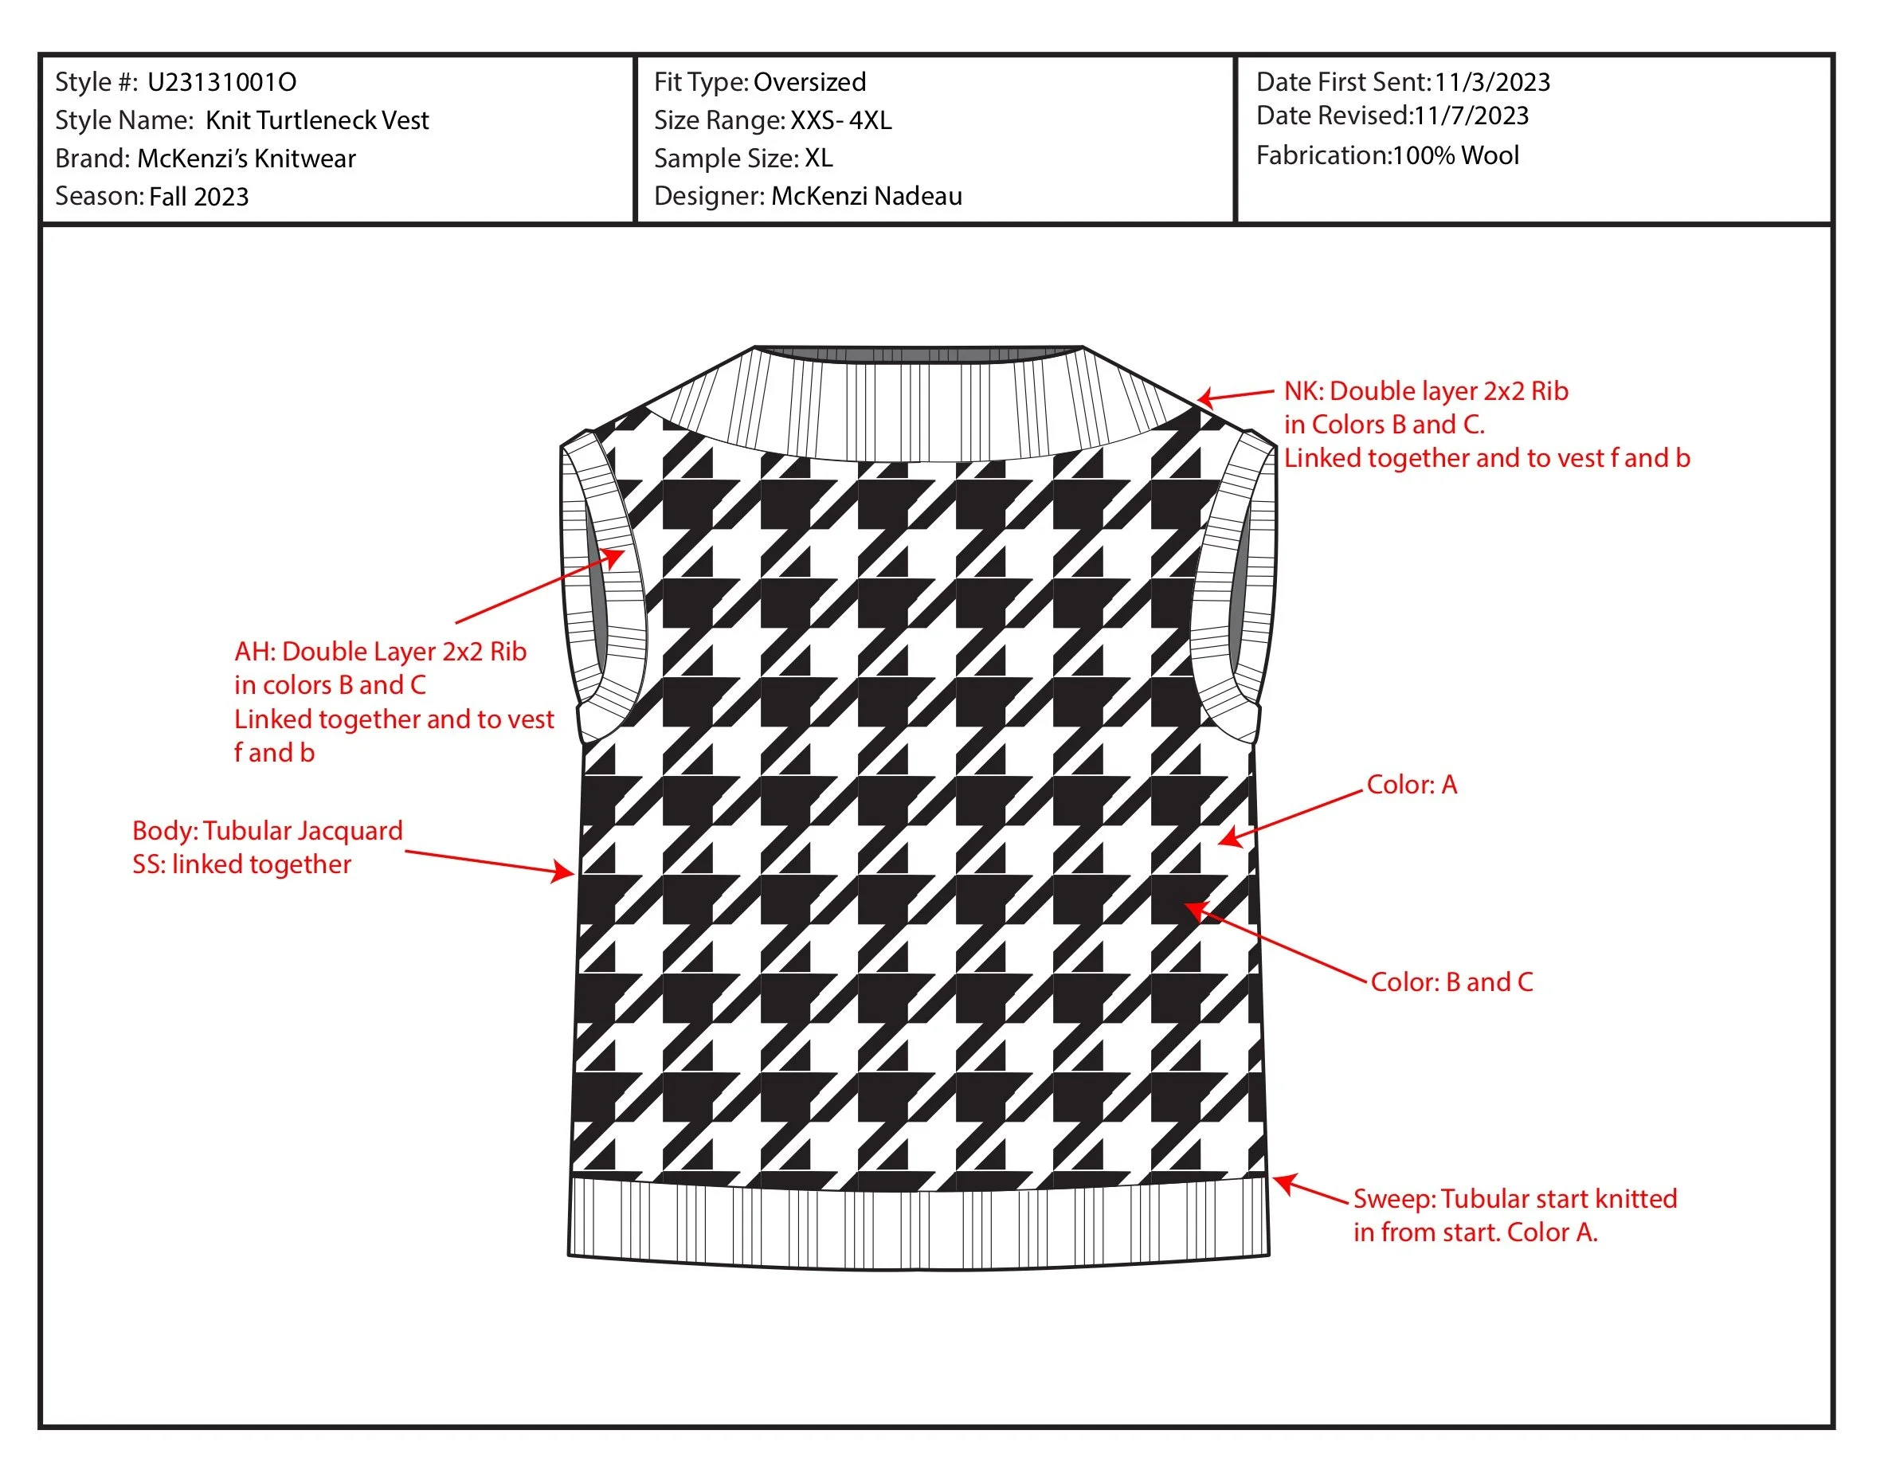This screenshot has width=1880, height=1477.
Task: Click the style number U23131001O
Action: tap(222, 82)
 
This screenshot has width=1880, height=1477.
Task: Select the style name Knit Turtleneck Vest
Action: tap(316, 120)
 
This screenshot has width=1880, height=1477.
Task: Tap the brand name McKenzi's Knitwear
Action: tap(246, 159)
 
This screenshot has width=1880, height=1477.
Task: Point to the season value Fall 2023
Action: tap(199, 197)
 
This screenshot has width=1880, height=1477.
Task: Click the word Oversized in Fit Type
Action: tap(809, 82)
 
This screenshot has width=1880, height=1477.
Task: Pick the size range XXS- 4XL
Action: tap(840, 120)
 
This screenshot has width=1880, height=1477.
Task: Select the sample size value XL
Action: tap(818, 159)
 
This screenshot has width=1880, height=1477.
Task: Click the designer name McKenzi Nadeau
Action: tap(867, 196)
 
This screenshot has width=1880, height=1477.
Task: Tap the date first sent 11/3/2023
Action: tap(1492, 82)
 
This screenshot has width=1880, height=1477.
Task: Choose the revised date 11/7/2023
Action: tap(1470, 116)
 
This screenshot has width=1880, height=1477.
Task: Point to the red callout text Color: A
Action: tap(1412, 785)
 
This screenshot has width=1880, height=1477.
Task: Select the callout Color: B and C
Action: tap(1452, 982)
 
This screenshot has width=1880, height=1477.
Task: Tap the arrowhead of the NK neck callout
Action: tap(1204, 398)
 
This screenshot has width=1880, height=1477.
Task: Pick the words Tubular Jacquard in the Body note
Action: tap(303, 831)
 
